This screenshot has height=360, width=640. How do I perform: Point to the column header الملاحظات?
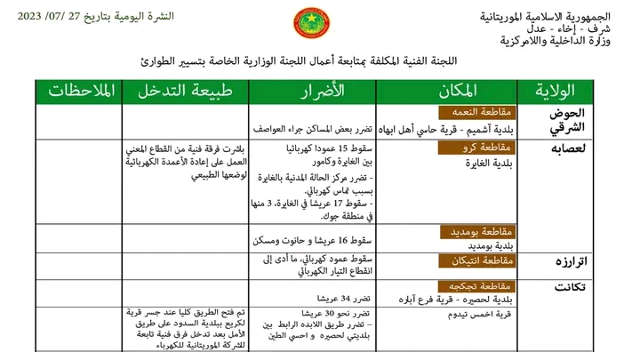78,92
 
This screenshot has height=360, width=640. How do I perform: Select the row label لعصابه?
566,148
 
